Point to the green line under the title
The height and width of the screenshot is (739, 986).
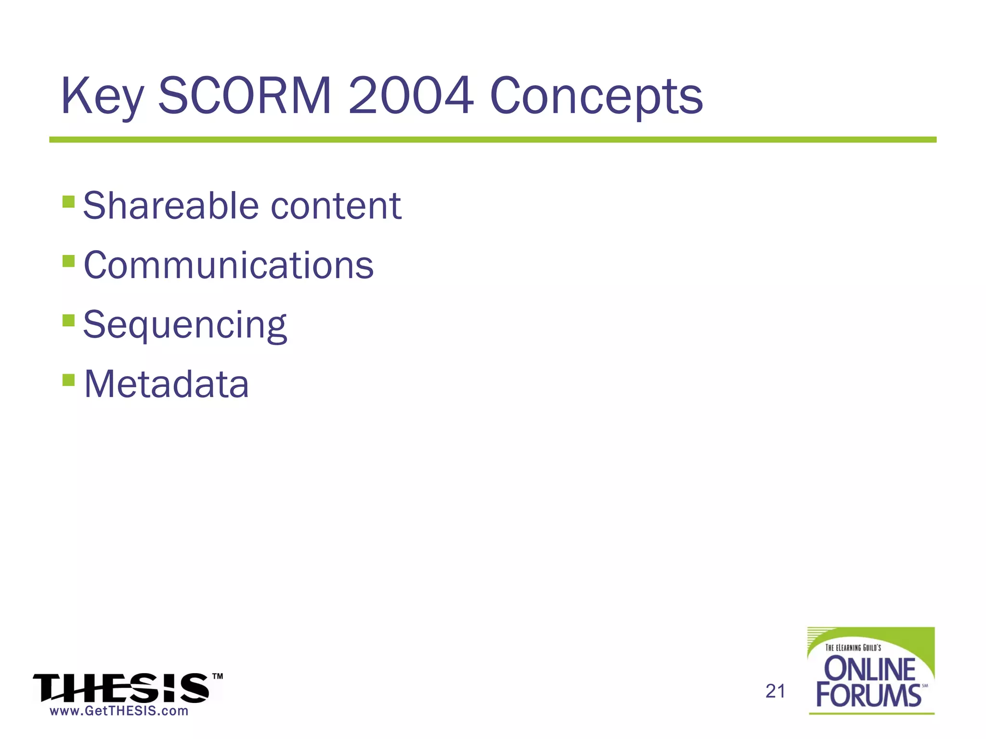pyautogui.click(x=493, y=140)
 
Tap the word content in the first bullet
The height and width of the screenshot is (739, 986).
pyautogui.click(x=336, y=206)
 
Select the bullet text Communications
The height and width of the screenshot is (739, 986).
pyautogui.click(x=229, y=265)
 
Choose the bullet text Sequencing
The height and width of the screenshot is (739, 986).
pyautogui.click(x=185, y=325)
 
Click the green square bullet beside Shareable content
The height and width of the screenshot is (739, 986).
pyautogui.click(x=69, y=201)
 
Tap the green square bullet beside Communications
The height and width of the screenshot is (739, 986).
pyautogui.click(x=69, y=261)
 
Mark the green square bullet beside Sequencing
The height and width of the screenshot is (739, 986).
pyautogui.click(x=69, y=320)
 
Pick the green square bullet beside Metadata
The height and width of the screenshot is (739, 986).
pyautogui.click(x=69, y=380)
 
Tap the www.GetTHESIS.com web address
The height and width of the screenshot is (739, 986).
pyautogui.click(x=119, y=711)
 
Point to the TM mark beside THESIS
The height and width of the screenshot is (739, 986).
pyautogui.click(x=218, y=676)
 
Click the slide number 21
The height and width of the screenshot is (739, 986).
pyautogui.click(x=775, y=691)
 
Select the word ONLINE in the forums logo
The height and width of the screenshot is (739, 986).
pyautogui.click(x=870, y=669)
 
